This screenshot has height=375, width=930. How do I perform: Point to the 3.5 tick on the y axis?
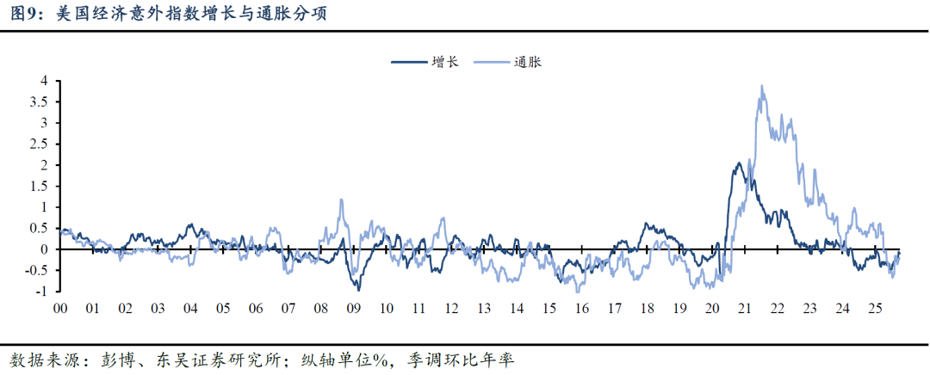(40, 101)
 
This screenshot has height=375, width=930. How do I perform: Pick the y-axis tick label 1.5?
(40, 186)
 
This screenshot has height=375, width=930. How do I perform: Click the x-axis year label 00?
(60, 308)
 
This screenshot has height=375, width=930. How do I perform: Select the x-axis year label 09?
(353, 308)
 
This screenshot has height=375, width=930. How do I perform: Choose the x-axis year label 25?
(874, 308)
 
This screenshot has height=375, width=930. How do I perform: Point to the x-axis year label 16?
(581, 308)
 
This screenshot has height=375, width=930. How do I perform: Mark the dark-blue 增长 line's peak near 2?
(740, 163)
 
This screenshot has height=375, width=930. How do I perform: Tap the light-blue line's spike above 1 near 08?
(341, 200)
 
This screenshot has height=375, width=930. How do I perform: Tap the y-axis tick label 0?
(44, 249)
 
